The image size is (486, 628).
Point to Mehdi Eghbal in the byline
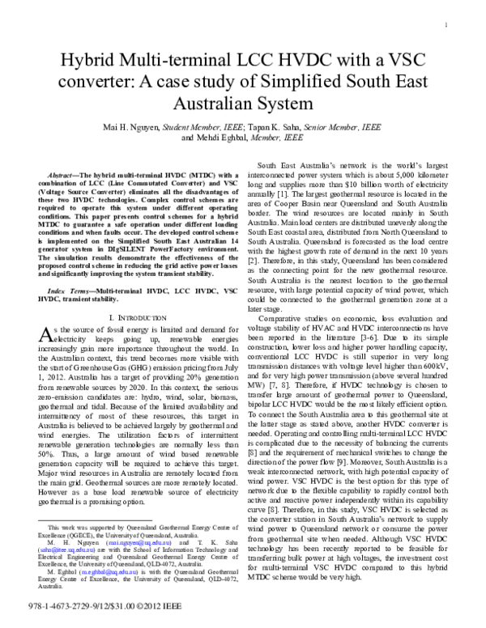[222, 138]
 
